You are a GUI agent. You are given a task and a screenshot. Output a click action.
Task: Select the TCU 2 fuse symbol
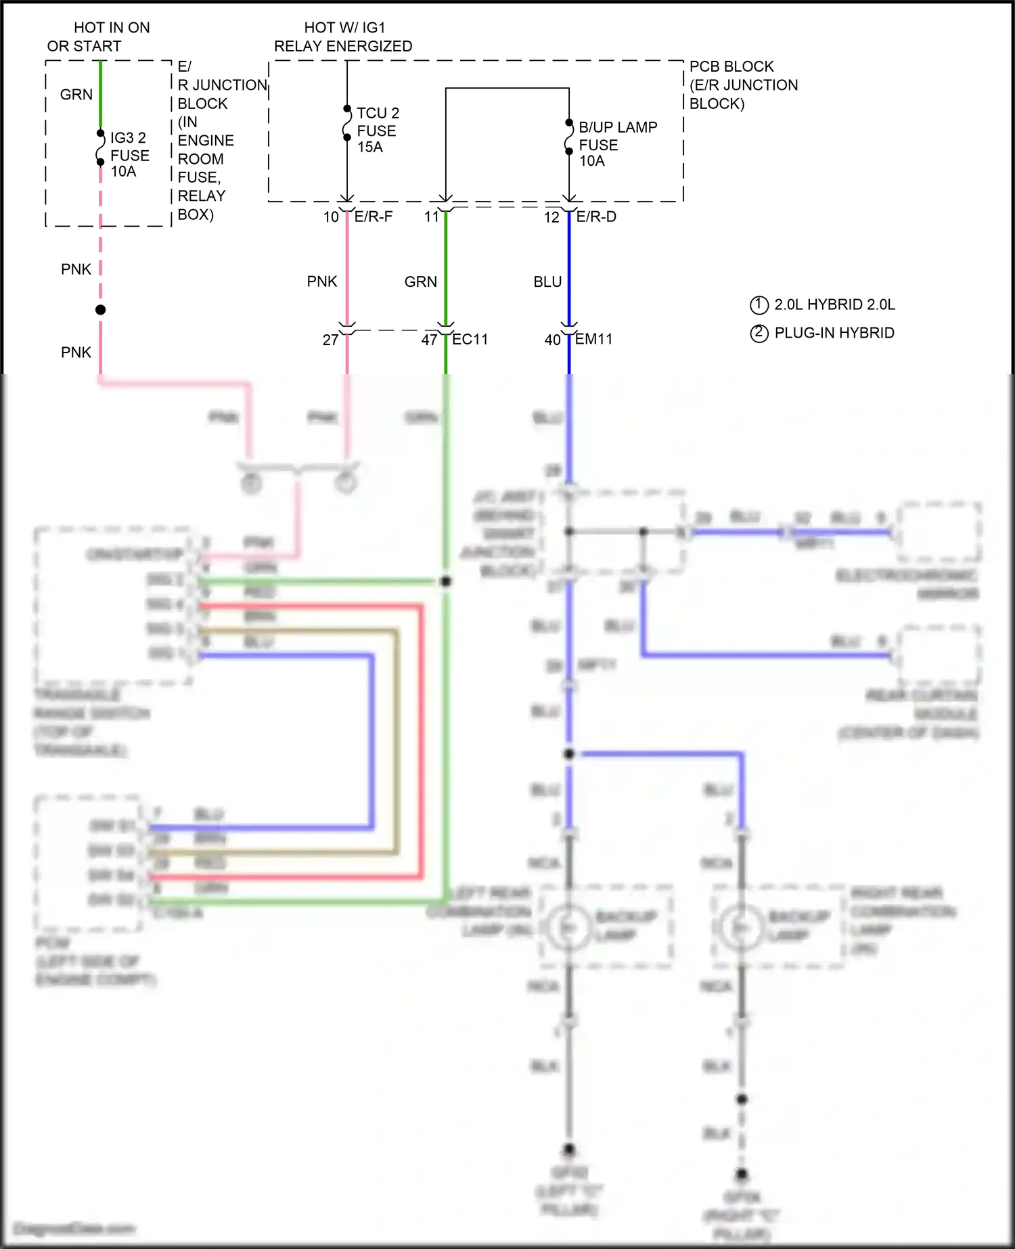tap(347, 123)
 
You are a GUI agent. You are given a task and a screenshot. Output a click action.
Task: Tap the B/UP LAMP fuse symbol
tap(569, 137)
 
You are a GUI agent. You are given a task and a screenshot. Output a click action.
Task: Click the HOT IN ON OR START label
tap(98, 37)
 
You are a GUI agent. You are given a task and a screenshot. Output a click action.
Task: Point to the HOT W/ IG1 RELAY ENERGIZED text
tap(343, 37)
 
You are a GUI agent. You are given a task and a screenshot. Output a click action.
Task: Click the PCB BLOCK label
tap(731, 66)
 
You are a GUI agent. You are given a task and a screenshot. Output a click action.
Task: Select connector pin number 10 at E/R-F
tap(331, 217)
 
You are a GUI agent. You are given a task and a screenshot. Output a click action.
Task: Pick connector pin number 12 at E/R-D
tap(551, 217)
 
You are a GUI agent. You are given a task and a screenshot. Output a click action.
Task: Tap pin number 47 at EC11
tap(429, 340)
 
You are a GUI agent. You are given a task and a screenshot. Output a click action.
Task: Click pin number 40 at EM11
tap(552, 340)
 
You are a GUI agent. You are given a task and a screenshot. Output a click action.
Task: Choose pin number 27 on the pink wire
tap(330, 340)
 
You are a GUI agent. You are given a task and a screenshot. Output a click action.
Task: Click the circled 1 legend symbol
tap(759, 305)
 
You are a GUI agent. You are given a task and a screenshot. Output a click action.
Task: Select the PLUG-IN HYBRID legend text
tap(834, 333)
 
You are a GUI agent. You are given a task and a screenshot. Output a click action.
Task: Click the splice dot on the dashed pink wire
tap(100, 310)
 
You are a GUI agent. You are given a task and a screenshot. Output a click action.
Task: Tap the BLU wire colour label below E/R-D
tap(547, 281)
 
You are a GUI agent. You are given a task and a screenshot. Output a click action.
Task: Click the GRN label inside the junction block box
tap(76, 95)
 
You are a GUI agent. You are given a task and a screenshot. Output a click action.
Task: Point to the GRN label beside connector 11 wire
tap(420, 281)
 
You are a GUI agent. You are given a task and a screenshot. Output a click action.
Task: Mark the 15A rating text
tap(370, 147)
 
